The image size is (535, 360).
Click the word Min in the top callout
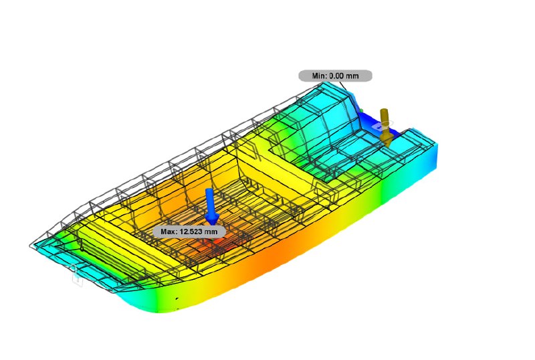tap(319, 76)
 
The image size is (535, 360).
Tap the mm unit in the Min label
tap(353, 76)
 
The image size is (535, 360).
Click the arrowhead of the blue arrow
tap(212, 219)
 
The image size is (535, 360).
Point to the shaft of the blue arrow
tap(210, 201)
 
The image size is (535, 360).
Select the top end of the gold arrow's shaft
tap(384, 110)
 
